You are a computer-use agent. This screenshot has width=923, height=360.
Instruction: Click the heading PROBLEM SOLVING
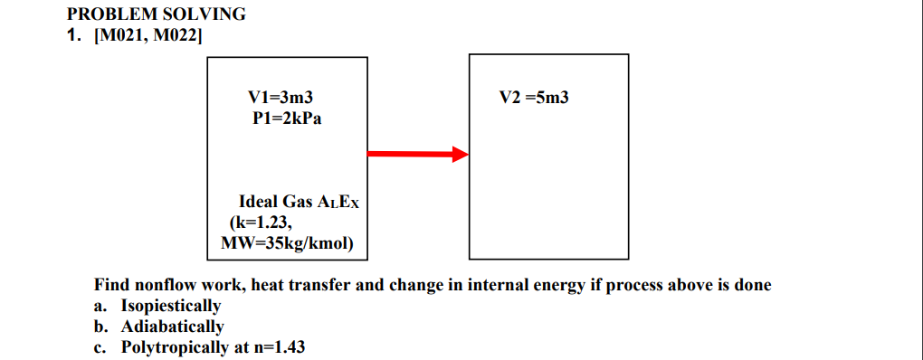click(156, 14)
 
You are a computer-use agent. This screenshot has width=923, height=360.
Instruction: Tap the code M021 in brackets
click(120, 36)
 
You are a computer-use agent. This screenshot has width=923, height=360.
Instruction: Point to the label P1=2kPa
click(287, 118)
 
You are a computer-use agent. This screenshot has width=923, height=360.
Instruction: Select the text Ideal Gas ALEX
click(299, 203)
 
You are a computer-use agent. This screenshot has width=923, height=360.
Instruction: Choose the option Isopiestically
click(171, 306)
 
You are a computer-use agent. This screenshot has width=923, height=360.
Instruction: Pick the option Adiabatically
click(172, 326)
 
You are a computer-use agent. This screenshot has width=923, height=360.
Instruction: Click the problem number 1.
click(73, 36)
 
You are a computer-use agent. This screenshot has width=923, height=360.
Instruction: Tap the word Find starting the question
click(111, 286)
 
